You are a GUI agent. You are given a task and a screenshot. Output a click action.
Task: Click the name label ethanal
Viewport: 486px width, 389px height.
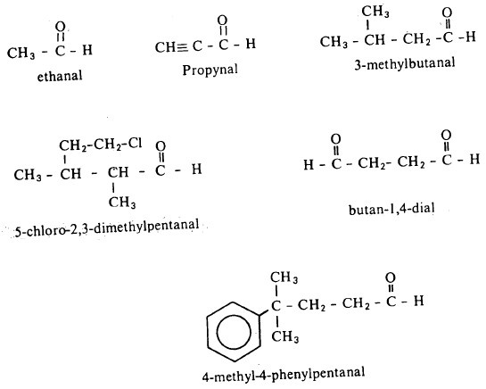pos(60,76)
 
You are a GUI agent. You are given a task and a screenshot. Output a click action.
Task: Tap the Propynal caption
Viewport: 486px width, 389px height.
pos(210,70)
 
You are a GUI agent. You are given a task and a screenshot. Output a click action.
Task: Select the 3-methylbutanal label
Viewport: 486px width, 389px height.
pos(405,63)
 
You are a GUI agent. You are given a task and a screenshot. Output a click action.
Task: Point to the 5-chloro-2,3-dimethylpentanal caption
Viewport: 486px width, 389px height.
pos(107,229)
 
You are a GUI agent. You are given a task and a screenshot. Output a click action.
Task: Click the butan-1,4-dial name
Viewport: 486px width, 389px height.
pos(391,210)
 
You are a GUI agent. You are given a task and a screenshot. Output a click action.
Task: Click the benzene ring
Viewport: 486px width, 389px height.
pos(235,332)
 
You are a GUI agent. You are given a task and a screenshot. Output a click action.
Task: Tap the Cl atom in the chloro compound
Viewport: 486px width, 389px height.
pos(136,144)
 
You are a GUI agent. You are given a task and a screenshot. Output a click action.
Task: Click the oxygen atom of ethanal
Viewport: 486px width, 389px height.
pos(61,27)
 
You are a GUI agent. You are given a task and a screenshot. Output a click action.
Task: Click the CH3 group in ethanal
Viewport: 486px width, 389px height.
pos(21,53)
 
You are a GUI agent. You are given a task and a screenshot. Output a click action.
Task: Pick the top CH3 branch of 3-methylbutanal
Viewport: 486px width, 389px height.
pos(375,12)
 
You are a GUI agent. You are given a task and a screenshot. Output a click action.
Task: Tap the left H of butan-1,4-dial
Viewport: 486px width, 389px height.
pos(309,164)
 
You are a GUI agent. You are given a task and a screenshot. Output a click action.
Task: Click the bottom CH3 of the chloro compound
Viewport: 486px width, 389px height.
pos(122,203)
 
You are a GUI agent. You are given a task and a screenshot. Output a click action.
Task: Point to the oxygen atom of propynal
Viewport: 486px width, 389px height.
pos(222,21)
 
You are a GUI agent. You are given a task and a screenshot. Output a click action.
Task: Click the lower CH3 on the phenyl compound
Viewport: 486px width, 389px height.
pos(284,336)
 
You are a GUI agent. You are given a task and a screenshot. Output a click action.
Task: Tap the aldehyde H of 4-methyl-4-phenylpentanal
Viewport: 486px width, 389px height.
pos(419,301)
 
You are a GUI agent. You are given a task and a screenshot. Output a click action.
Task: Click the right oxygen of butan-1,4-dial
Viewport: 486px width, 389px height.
pos(446,136)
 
